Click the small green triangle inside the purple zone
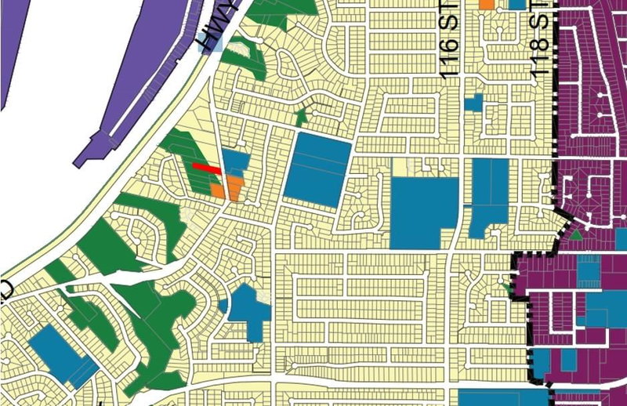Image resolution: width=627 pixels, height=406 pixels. (x=577, y=234)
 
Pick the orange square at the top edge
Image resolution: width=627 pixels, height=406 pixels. (x=487, y=4)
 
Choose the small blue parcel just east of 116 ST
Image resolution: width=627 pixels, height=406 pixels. (x=473, y=102)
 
